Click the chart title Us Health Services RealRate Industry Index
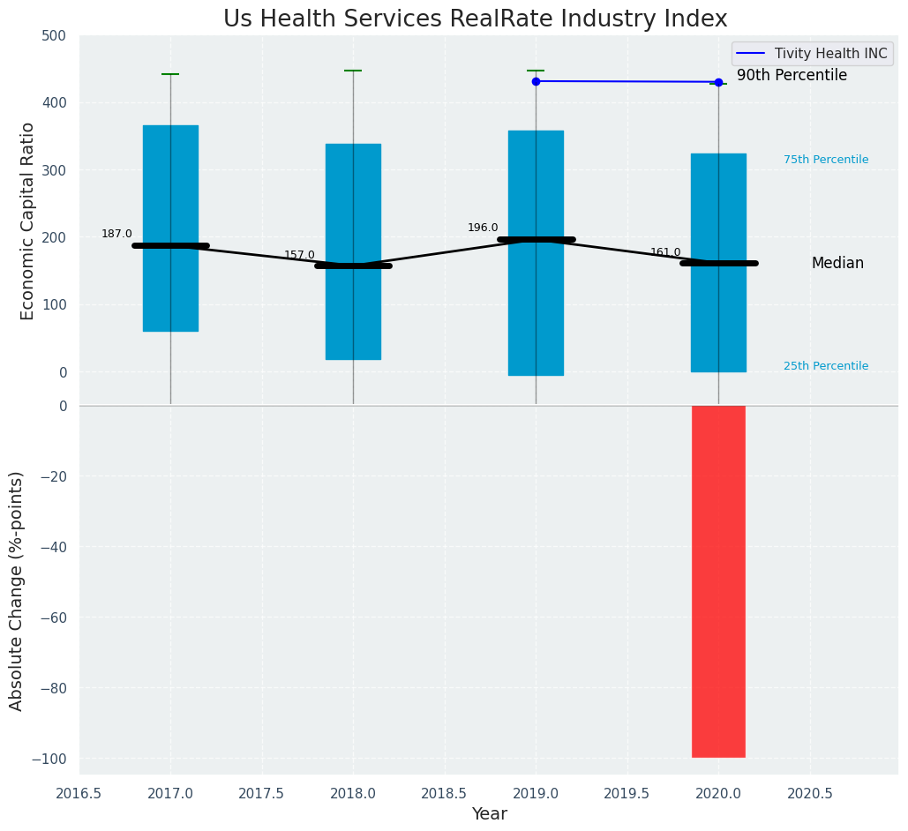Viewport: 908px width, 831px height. [x=475, y=19]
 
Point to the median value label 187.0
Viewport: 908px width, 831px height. [x=116, y=234]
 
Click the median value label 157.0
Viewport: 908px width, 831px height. [x=299, y=255]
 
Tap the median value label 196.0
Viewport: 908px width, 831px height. [x=483, y=228]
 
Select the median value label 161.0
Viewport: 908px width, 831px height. [x=665, y=252]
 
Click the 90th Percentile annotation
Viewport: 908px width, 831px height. [x=792, y=76]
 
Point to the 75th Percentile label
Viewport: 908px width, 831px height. [x=826, y=160]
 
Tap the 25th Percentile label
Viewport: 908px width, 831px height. [x=826, y=366]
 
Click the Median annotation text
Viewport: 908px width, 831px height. [x=837, y=263]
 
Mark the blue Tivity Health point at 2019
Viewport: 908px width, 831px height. [x=536, y=81]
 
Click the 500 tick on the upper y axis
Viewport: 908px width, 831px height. [x=54, y=36]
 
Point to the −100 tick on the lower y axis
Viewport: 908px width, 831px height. [x=50, y=759]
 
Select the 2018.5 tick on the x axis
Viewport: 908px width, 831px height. [x=445, y=793]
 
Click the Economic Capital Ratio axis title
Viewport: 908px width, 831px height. [x=27, y=221]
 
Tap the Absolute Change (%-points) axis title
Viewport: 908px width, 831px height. [x=17, y=590]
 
